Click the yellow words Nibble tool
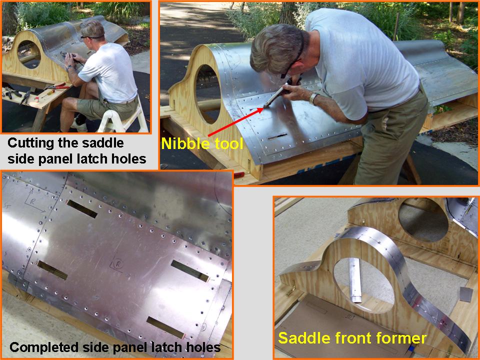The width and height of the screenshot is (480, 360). click(202, 143)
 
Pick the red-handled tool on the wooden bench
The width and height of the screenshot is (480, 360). click(58, 86)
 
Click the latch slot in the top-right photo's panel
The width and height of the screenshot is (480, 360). click(277, 136)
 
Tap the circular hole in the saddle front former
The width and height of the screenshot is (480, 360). click(364, 284)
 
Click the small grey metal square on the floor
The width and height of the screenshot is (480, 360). click(466, 294)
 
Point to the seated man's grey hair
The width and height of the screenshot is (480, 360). click(92, 29)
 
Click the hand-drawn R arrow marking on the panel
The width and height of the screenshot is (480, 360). click(34, 201)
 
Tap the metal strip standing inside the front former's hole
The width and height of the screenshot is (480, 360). click(355, 280)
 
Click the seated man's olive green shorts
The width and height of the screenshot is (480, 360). click(105, 105)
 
